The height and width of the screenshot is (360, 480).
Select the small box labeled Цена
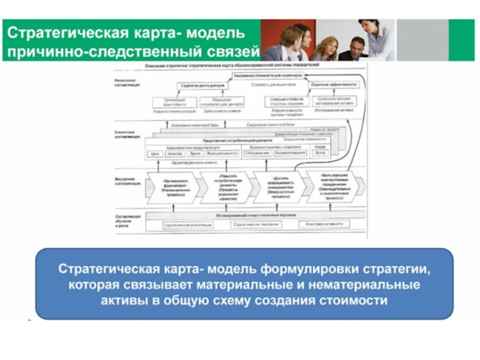point(155,154)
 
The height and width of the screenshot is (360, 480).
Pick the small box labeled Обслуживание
point(257,154)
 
